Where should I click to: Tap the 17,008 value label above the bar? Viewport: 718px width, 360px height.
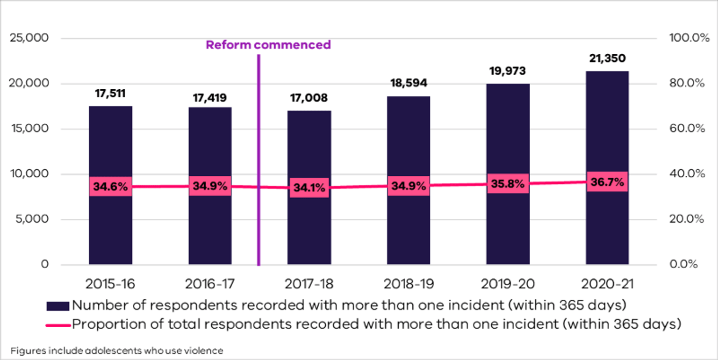(x=309, y=98)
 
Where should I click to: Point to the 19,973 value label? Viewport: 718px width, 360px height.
(x=508, y=71)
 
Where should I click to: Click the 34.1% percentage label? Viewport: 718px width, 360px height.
(x=309, y=188)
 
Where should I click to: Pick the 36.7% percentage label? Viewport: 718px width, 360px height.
(x=607, y=182)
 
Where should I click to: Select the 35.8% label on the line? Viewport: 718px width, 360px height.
(x=508, y=184)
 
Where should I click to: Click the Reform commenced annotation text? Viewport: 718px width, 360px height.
(x=268, y=45)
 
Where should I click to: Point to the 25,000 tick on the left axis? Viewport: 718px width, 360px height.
(x=29, y=38)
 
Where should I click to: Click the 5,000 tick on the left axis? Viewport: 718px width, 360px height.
(x=32, y=219)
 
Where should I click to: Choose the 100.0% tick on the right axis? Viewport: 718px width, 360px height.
(x=687, y=38)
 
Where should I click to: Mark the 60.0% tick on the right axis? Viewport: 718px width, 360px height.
(x=687, y=129)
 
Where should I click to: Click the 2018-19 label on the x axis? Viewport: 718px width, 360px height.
(x=409, y=284)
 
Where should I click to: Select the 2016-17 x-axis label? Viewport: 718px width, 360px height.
(x=210, y=284)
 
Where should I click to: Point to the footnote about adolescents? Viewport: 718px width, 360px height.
(x=116, y=350)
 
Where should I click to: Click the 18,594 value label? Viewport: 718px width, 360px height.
(x=409, y=83)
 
